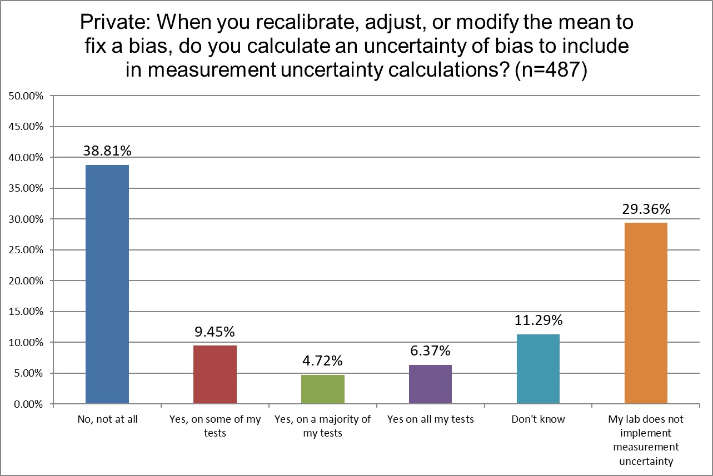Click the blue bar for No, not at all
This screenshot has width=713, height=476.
107,284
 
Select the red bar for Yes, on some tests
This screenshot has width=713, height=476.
215,374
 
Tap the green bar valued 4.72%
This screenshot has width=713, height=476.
323,389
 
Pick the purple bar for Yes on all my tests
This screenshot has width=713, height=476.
431,384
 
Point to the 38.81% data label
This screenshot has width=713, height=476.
107,151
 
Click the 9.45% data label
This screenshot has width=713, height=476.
215,332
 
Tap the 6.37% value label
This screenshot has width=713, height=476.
431,351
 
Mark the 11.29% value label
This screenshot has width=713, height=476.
538,320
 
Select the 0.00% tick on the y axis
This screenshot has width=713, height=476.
28,404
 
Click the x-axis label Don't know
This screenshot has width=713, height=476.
538,419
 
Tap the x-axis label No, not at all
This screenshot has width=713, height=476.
107,419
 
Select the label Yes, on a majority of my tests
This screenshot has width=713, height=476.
323,426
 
